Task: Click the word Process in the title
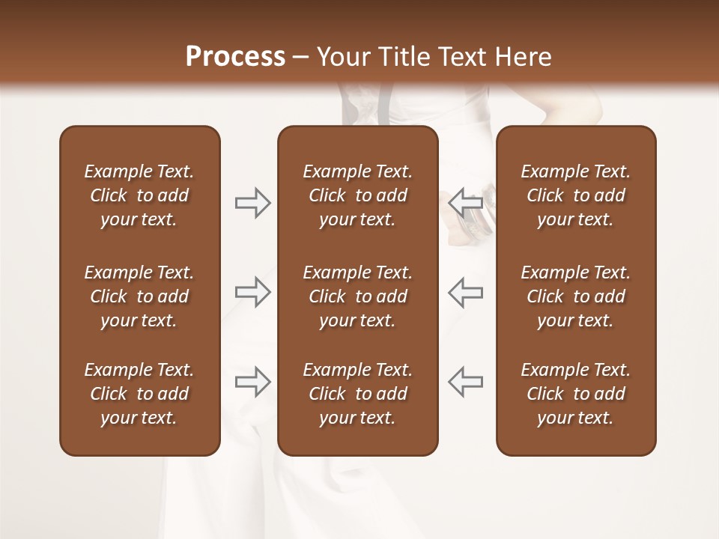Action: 235,56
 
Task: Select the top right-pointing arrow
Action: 252,203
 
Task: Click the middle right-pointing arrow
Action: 252,292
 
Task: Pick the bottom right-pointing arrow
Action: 252,382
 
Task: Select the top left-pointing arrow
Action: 466,202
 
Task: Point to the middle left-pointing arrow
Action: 466,292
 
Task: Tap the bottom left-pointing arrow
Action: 466,382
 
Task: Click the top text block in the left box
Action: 139,195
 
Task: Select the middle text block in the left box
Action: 139,296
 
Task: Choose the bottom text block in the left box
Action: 139,394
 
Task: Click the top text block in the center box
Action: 357,195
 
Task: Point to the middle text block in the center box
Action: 357,296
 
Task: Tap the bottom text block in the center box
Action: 357,394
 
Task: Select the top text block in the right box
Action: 575,195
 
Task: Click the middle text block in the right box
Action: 575,296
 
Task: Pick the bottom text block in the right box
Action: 575,394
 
